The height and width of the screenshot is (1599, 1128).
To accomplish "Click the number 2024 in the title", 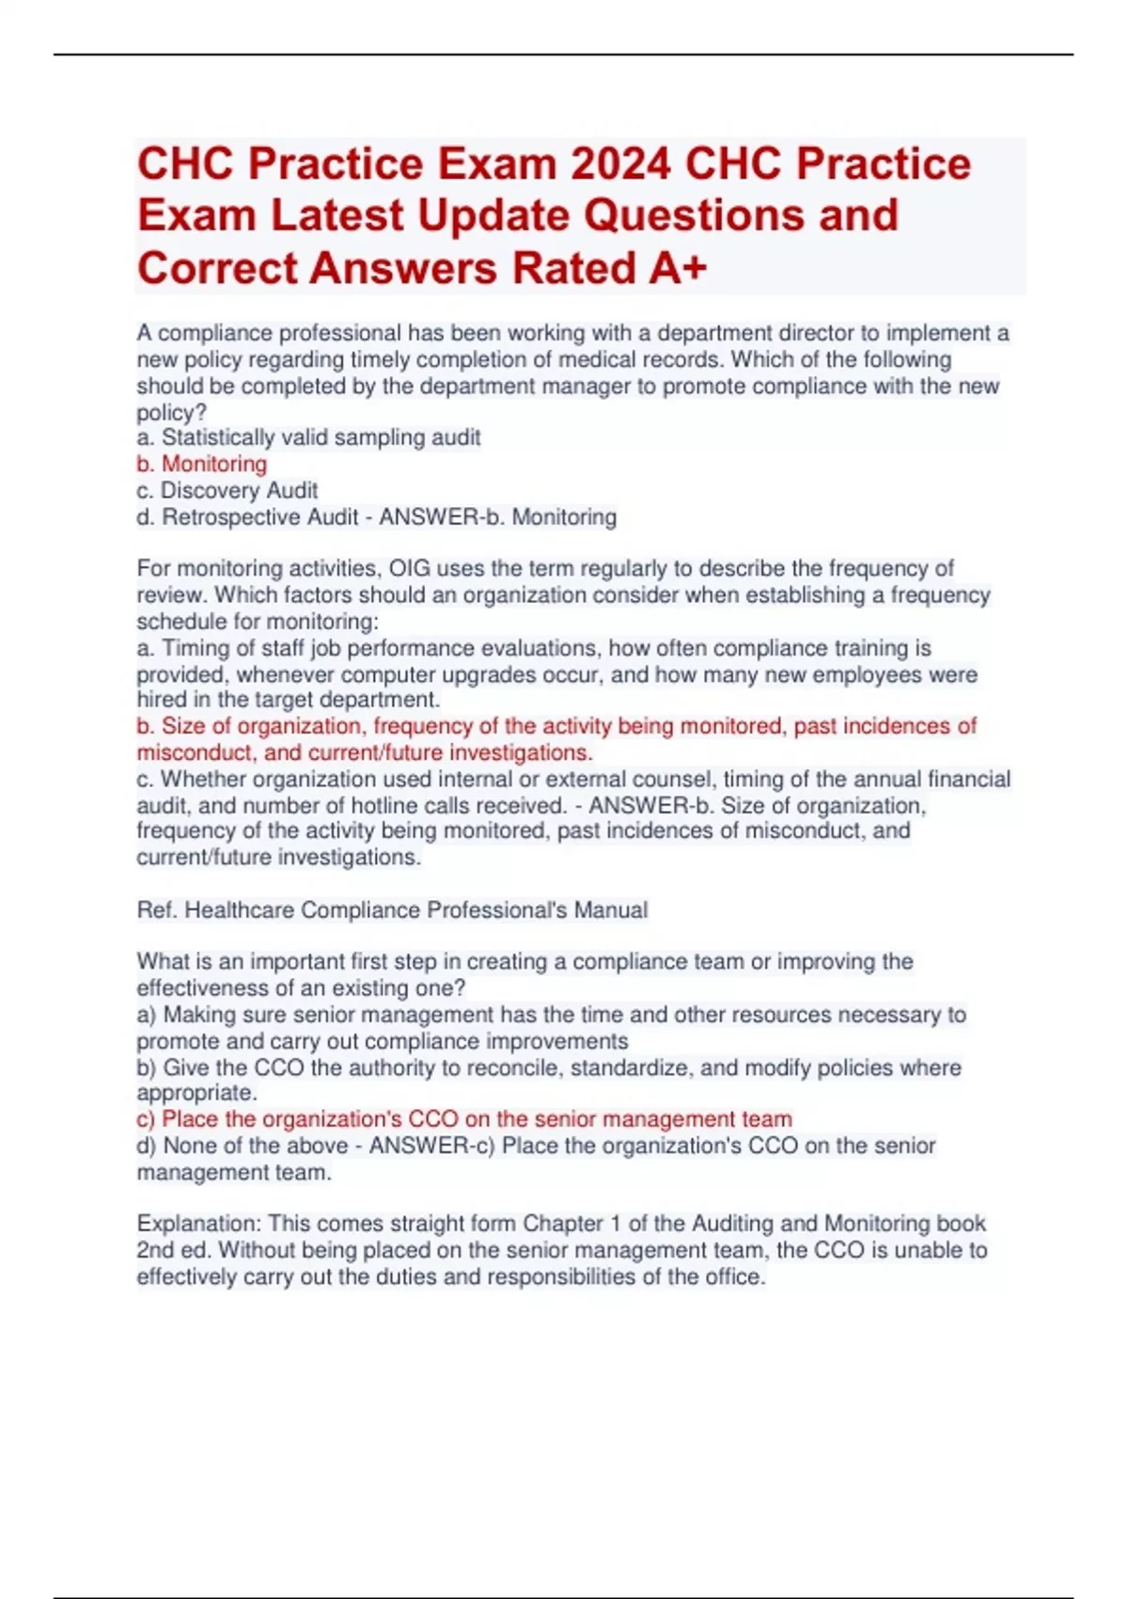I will point(620,164).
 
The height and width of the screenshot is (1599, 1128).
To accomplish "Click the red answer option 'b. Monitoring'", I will point(202,464).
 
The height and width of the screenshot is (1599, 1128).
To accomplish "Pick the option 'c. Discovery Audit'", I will point(227,490).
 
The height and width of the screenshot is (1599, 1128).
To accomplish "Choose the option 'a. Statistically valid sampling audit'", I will point(308,437).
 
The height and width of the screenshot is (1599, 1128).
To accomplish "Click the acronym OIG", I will point(410,568).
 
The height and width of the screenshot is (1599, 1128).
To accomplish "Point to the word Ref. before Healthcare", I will point(157,910).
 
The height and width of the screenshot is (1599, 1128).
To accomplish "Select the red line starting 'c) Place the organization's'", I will point(464,1119).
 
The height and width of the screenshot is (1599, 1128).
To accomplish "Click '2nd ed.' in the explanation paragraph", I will point(175,1250).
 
